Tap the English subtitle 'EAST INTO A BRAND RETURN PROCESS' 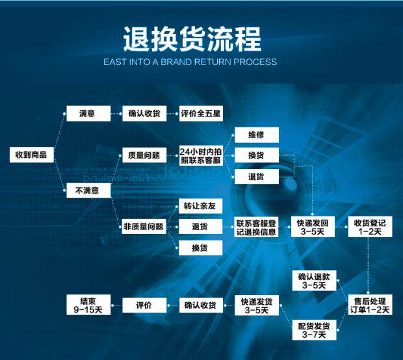pyautogui.click(x=190, y=62)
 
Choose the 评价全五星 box pyautogui.click(x=201, y=113)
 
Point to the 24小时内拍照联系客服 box pyautogui.click(x=201, y=155)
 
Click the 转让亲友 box pyautogui.click(x=200, y=206)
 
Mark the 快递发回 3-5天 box pyautogui.click(x=313, y=227)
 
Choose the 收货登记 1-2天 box pyautogui.click(x=370, y=227)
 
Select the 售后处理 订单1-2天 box pyautogui.click(x=370, y=305)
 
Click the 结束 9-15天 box pyautogui.click(x=88, y=305)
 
